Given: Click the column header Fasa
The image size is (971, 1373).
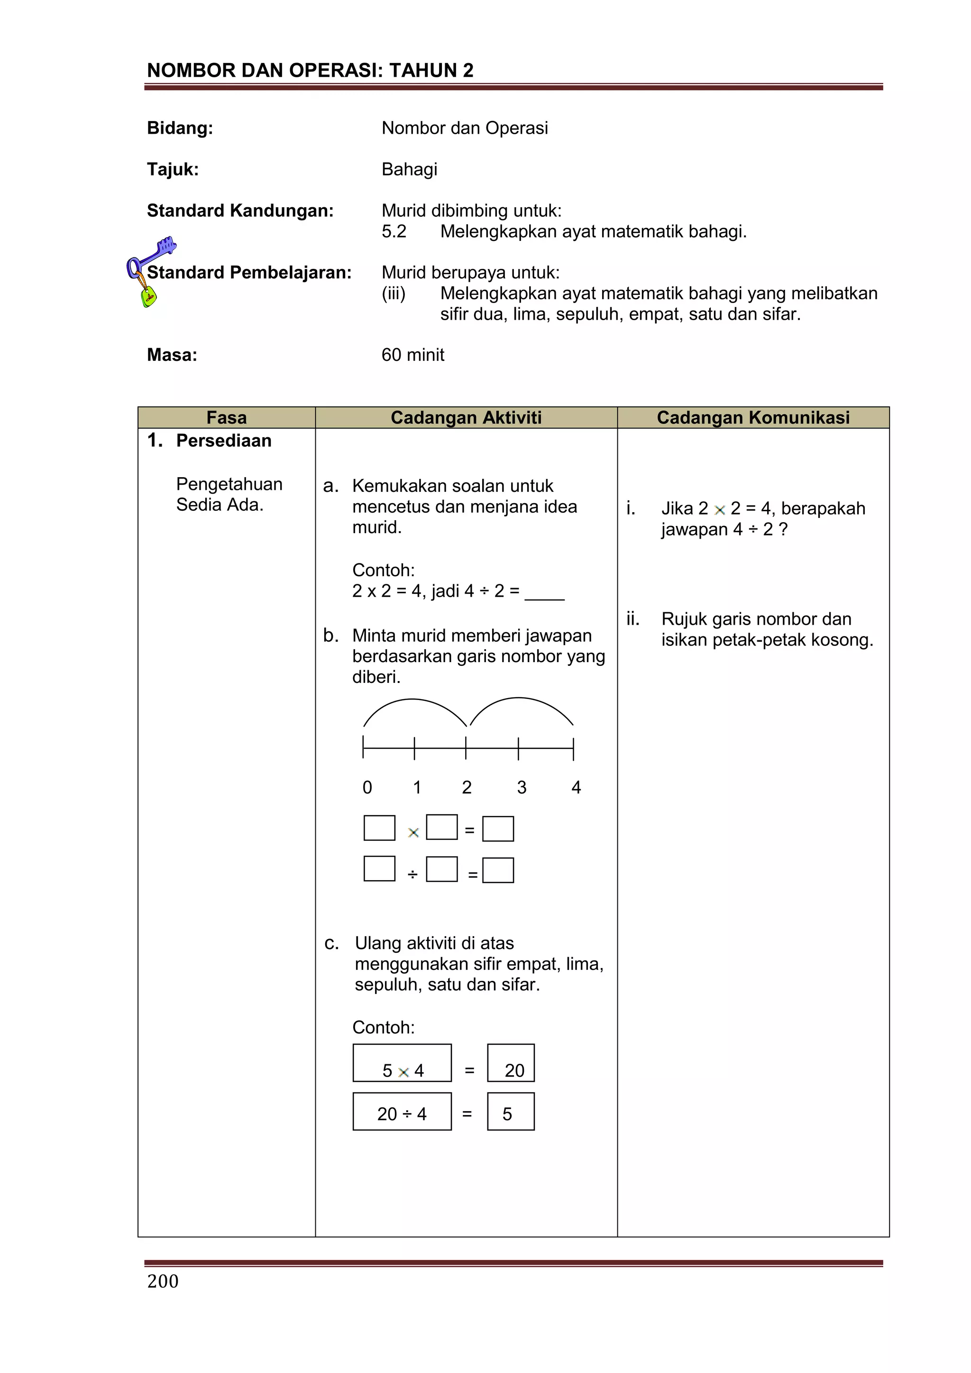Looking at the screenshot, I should pos(226,417).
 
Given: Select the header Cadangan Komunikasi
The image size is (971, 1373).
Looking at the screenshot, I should pos(753,417).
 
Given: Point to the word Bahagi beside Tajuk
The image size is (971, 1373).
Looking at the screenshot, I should pos(409,169).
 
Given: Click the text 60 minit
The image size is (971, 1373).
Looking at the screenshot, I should pos(412,355).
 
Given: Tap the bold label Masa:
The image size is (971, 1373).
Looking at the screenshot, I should pos(172,355).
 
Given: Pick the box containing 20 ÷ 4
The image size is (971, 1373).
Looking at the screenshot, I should pos(402,1112).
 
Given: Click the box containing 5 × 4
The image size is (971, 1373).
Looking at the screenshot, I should pos(402,1063).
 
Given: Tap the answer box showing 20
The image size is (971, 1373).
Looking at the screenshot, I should pos(511,1063).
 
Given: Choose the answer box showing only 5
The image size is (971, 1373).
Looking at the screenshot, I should pos(511,1112).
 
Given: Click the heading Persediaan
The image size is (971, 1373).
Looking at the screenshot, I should pos(224,441).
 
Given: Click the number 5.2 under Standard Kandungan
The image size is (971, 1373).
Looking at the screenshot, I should pos(394,231).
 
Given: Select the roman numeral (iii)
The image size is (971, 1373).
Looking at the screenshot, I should pos(394,294).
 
